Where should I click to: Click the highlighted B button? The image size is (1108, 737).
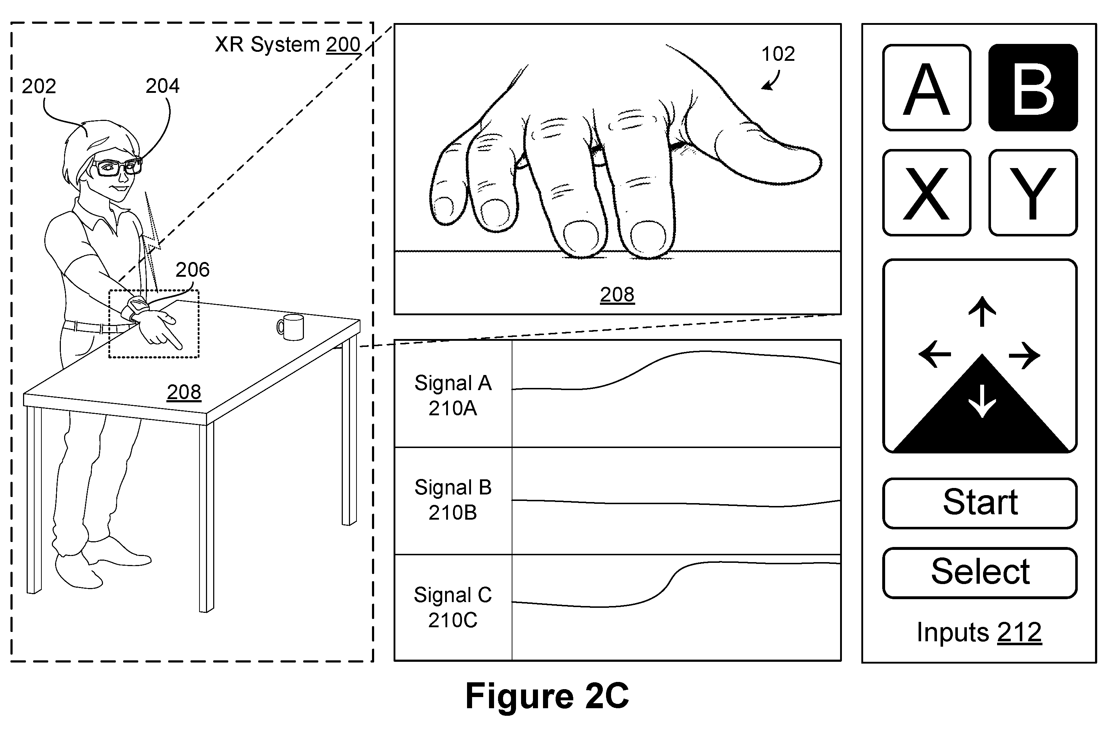(x=1033, y=87)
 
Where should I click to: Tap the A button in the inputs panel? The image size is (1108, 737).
(x=927, y=87)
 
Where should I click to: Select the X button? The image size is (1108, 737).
(x=927, y=193)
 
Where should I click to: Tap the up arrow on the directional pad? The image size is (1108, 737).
(x=982, y=311)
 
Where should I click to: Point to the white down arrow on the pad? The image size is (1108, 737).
(x=982, y=401)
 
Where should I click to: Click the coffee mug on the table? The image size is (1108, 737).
(x=290, y=327)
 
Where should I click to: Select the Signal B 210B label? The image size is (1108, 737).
(x=452, y=499)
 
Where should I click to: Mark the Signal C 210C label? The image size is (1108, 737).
(x=452, y=607)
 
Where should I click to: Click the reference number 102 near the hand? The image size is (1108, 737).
(x=778, y=54)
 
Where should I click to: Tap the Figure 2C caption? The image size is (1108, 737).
(x=547, y=696)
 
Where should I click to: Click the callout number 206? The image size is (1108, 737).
(x=192, y=270)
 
